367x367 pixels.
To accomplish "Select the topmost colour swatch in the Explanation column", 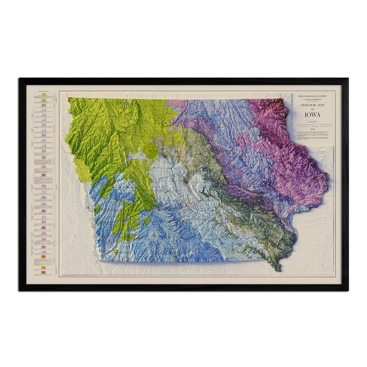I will [x=44, y=94].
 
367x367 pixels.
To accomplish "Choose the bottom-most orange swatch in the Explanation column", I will [x=43, y=272].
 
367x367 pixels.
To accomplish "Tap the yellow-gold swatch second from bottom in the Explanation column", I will [x=43, y=267].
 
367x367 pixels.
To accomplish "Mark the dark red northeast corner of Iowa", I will [x=286, y=101].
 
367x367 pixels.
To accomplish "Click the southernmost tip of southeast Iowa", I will [x=279, y=270].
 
